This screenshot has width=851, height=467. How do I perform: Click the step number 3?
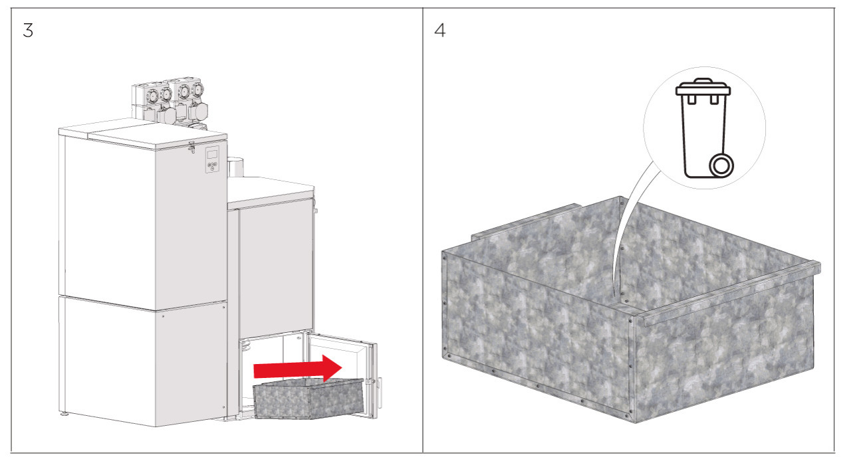28,31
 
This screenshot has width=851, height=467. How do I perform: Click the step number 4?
439,31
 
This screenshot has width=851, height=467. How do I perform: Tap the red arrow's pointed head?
342,367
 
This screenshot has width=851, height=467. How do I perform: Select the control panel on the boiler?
212,159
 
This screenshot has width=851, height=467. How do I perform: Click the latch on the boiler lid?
191,147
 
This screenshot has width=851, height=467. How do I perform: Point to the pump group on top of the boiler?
170,104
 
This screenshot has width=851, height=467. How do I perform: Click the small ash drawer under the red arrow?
308,399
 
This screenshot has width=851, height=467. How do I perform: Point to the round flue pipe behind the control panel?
235,167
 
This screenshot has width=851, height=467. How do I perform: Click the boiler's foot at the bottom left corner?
65,414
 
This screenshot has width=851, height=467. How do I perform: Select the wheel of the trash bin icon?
721,166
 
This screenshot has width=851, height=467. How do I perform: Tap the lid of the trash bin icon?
703,87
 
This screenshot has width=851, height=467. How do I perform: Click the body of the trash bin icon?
703,136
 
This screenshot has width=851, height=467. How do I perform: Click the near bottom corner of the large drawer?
634,421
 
